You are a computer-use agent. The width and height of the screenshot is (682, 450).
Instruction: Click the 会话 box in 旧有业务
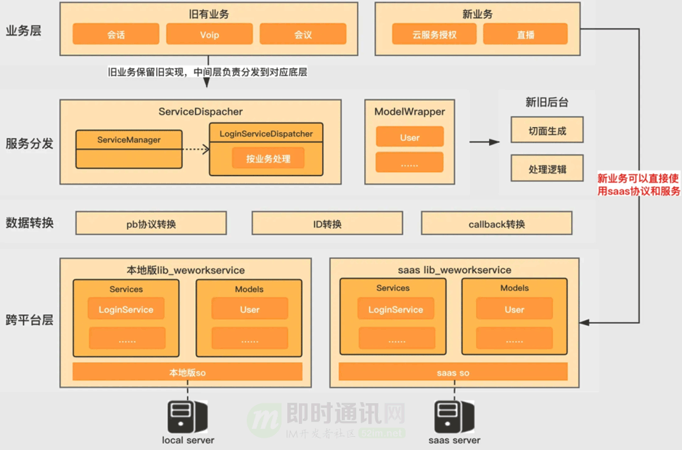pos(115,34)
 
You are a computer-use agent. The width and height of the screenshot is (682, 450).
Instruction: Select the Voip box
pos(210,34)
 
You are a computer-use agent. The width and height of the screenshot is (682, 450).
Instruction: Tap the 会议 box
pos(303,34)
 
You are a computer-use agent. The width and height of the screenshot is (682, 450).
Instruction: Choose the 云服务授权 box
pos(434,34)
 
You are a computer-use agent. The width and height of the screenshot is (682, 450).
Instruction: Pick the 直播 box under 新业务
pos(525,34)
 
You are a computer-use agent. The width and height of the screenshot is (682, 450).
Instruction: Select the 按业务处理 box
pos(268,158)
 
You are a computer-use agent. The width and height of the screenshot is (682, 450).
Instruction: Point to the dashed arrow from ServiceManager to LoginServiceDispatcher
pos(194,150)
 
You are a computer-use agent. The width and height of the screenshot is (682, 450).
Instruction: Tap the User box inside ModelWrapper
pos(409,138)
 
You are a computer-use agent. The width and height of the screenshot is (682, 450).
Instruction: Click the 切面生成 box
pos(547,131)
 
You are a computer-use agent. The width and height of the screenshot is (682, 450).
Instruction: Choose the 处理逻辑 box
pos(547,170)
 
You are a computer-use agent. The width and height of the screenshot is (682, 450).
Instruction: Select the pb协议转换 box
pos(151,224)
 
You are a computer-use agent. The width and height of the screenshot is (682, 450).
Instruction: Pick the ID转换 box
pos(327,224)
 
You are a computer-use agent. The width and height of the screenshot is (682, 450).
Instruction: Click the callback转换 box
pos(496,224)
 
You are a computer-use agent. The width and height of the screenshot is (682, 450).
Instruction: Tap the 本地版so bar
pos(187,372)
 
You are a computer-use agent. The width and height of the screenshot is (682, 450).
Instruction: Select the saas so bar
pos(453,372)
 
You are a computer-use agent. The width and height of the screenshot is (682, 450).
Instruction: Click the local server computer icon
pos(188,417)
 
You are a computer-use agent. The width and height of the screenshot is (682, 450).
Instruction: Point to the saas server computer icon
pos(453,417)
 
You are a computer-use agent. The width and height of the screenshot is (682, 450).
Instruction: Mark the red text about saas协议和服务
pos(638,184)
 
